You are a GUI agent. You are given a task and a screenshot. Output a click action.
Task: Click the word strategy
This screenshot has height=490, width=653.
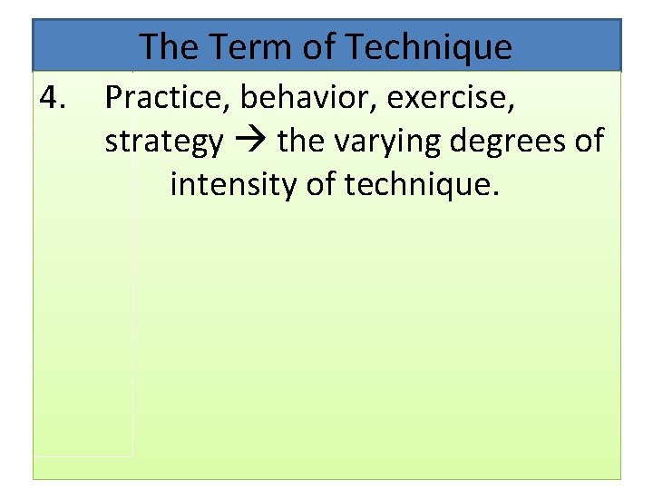[163, 142]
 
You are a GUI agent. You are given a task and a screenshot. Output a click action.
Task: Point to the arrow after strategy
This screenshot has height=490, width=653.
[249, 142]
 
